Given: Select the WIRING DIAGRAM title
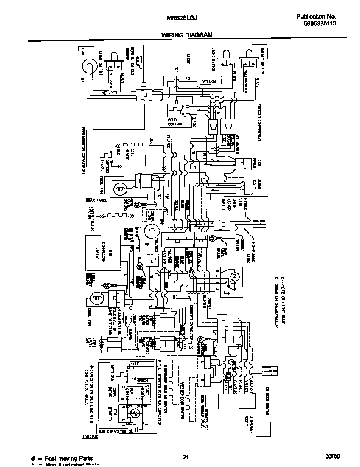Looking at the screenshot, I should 187,35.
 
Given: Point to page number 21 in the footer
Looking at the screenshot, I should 185,457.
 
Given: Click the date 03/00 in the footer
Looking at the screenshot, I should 333,457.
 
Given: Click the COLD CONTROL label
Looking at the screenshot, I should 175,122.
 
